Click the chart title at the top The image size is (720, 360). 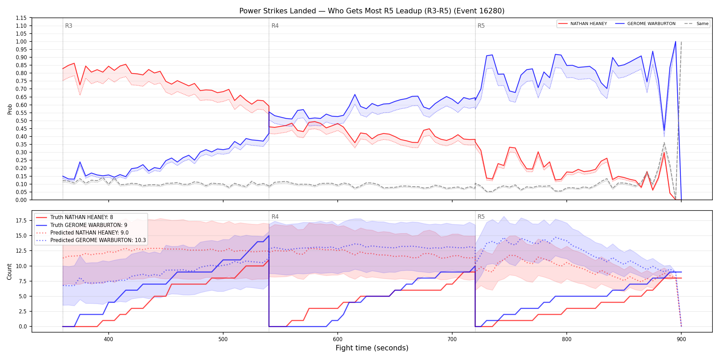tap(372, 11)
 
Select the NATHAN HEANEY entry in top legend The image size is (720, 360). tap(583, 24)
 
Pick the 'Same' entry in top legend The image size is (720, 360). tap(696, 24)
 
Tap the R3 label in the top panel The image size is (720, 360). tap(69, 26)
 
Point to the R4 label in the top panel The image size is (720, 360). tap(275, 26)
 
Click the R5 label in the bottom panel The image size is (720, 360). tap(481, 217)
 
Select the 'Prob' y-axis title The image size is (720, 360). tap(10, 109)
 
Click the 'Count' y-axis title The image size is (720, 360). tap(9, 272)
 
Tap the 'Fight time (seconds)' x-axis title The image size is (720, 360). tap(372, 348)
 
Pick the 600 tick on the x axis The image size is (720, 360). tap(338, 339)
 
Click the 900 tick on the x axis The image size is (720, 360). tap(681, 339)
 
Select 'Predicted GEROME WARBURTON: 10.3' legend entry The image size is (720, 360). tap(91, 240)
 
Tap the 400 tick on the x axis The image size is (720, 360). tap(109, 339)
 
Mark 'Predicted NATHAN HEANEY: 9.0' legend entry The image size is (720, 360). tap(82, 233)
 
